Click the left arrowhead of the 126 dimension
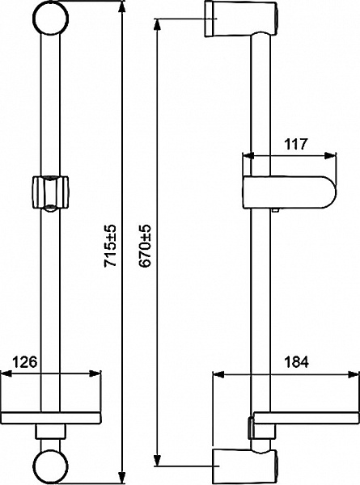pos(5,373)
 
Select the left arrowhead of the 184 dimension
pos(214,373)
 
